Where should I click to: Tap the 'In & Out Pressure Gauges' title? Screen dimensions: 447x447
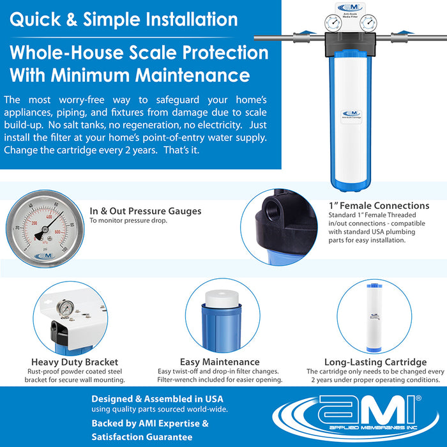tap(145, 211)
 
